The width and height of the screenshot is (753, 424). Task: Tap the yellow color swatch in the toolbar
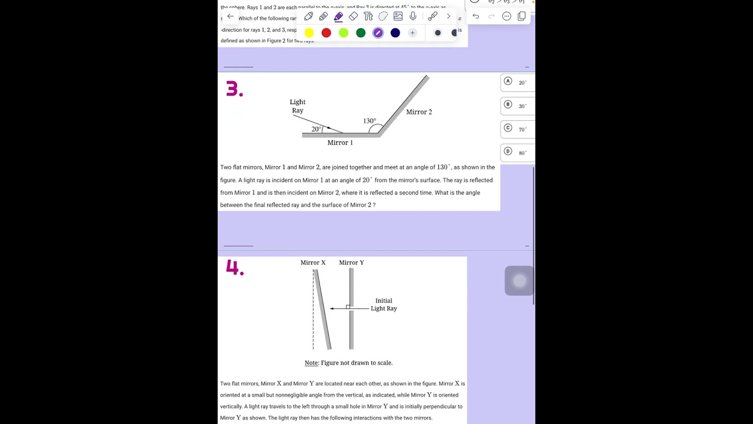pyautogui.click(x=309, y=33)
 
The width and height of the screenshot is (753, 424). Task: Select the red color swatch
pyautogui.click(x=326, y=33)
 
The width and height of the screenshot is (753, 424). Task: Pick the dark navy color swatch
pyautogui.click(x=395, y=33)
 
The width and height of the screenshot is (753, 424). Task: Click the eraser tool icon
pyautogui.click(x=353, y=16)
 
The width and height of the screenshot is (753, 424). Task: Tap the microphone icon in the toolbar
pyautogui.click(x=413, y=16)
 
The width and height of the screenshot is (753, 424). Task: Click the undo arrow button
pyautogui.click(x=476, y=16)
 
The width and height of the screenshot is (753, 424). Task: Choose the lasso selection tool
pyautogui.click(x=383, y=16)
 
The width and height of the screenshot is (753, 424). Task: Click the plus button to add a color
pyautogui.click(x=412, y=33)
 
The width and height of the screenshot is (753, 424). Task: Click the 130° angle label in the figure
pyautogui.click(x=369, y=121)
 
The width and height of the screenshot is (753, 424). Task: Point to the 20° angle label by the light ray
pyautogui.click(x=316, y=129)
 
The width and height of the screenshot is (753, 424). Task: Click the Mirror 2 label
pyautogui.click(x=419, y=112)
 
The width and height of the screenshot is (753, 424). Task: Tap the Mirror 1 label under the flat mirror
pyautogui.click(x=340, y=143)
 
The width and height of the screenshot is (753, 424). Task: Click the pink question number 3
pyautogui.click(x=234, y=89)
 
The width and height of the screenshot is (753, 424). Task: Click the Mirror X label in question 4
pyautogui.click(x=313, y=263)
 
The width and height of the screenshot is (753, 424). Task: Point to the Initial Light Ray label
pyautogui.click(x=384, y=304)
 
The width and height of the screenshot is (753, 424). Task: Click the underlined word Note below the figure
pyautogui.click(x=311, y=363)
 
